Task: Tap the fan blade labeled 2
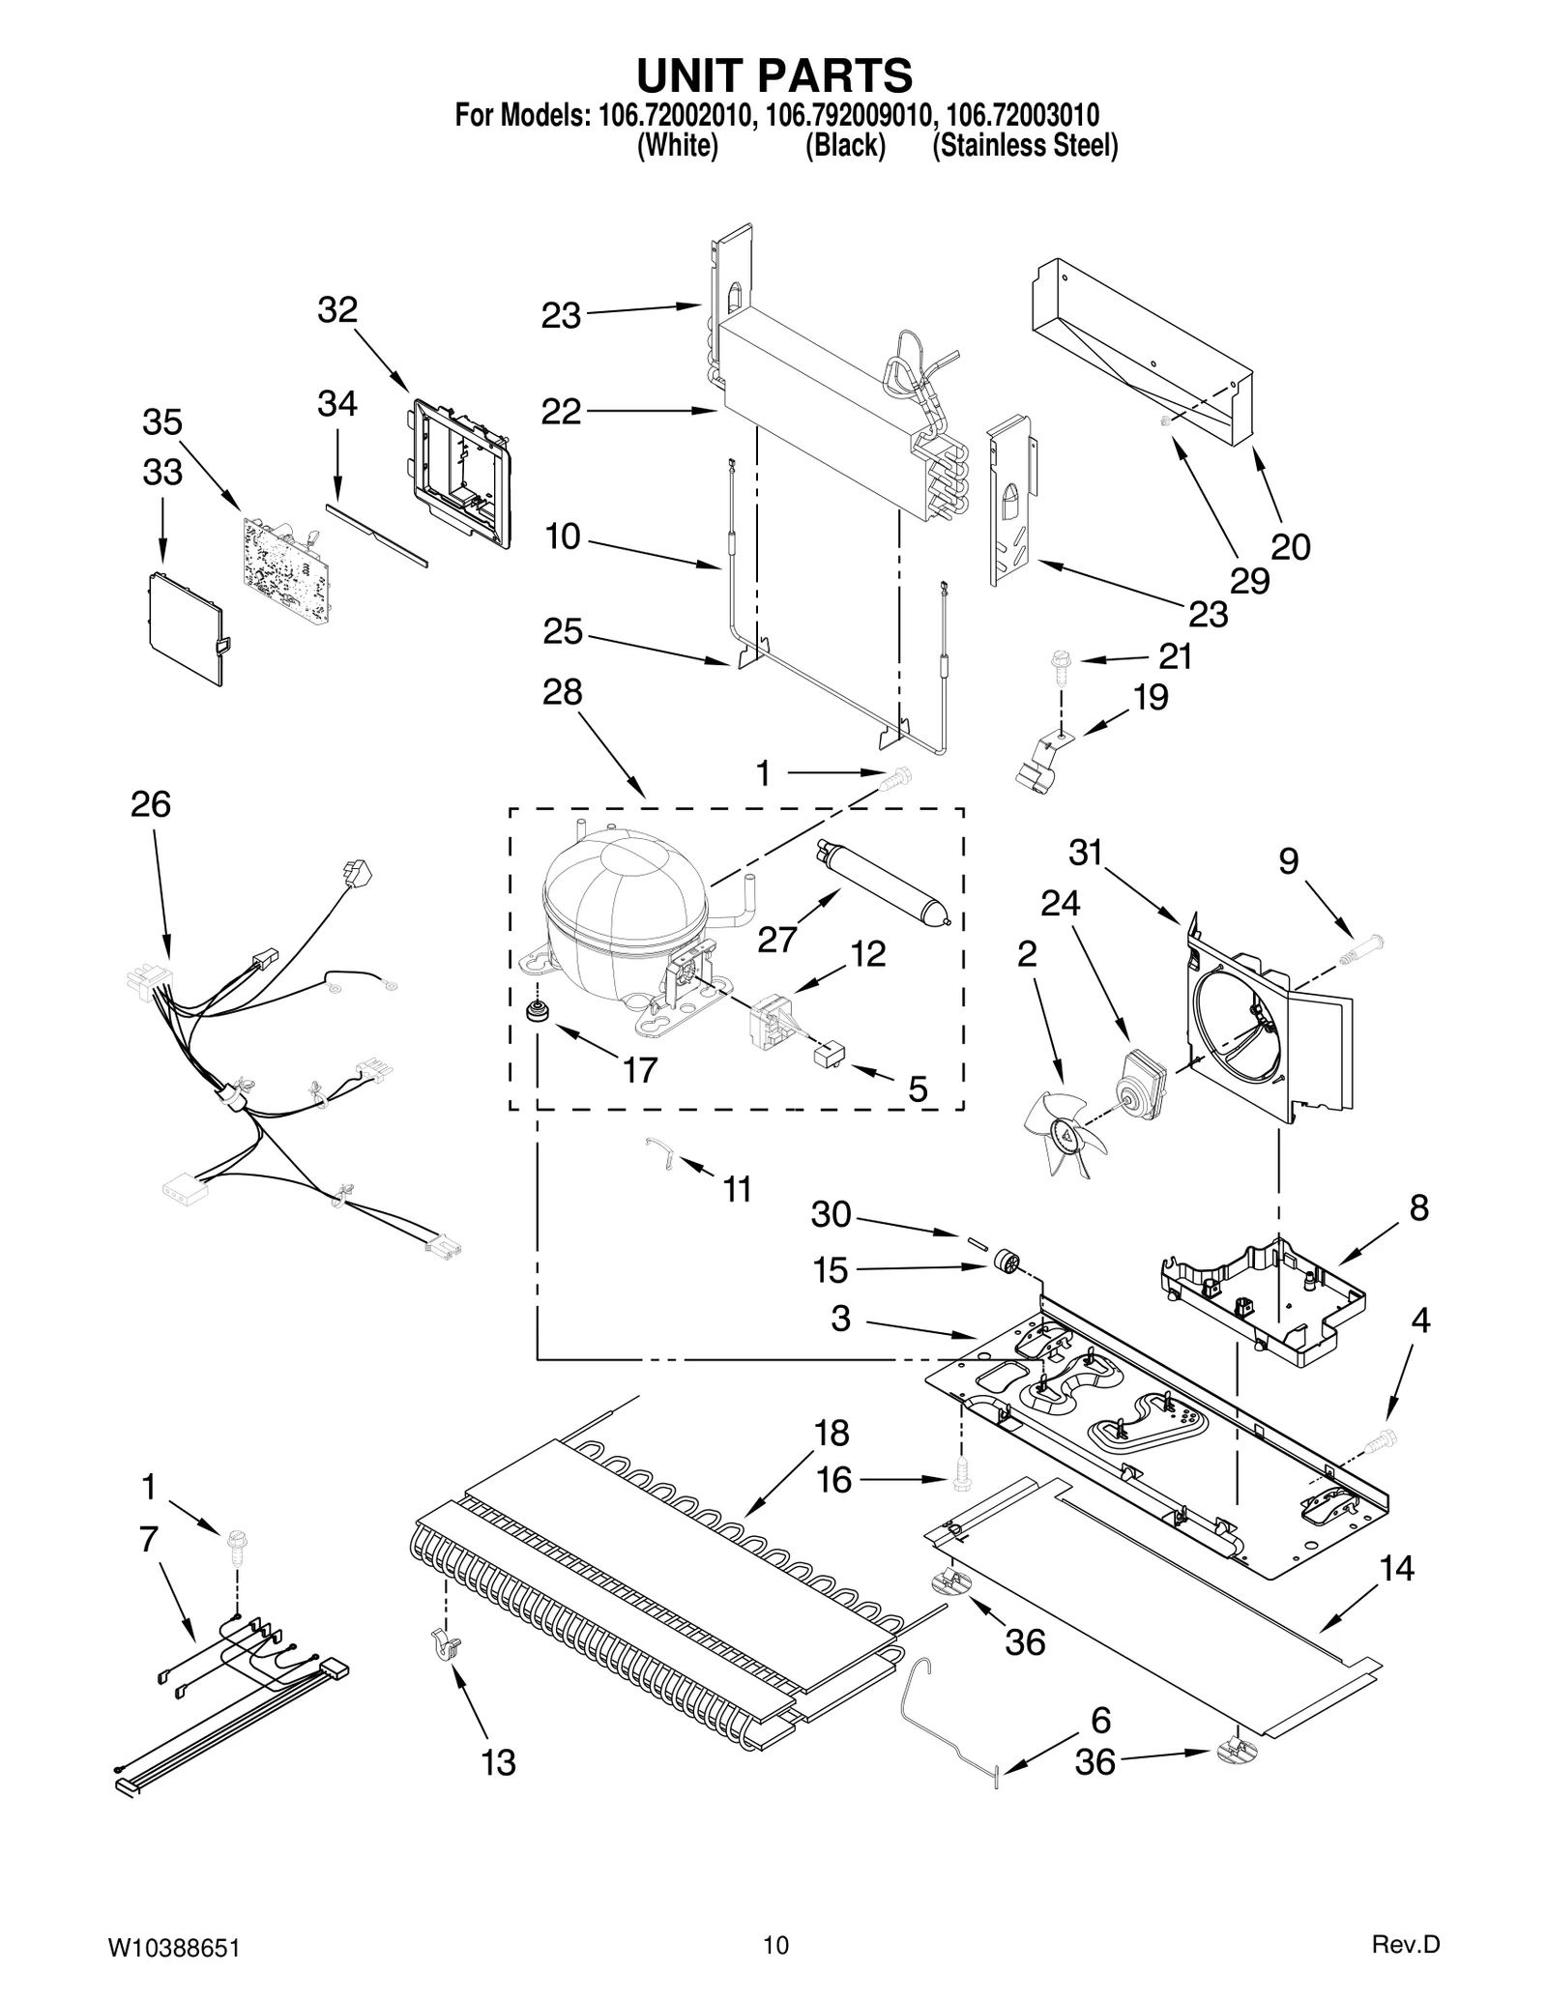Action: [1064, 1131]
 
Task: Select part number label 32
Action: [337, 310]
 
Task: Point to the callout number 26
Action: [151, 804]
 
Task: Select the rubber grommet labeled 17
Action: [534, 1013]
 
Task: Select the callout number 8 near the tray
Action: [1418, 1208]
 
